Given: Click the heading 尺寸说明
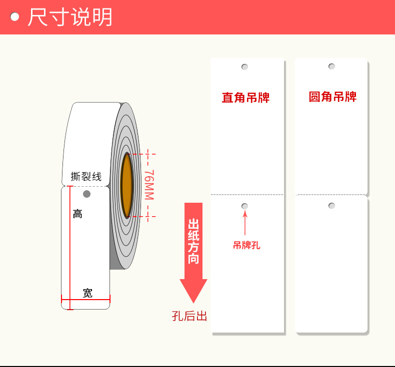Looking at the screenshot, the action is pyautogui.click(x=70, y=17).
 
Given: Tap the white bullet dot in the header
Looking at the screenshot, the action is pyautogui.click(x=15, y=17).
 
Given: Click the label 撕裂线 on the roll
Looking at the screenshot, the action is pyautogui.click(x=86, y=176).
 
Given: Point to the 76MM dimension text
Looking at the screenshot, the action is pyautogui.click(x=149, y=185).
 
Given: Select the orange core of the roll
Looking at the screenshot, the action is pyautogui.click(x=127, y=185).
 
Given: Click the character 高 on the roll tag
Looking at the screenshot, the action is pyautogui.click(x=77, y=214).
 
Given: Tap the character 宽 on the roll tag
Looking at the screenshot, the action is pyautogui.click(x=87, y=293).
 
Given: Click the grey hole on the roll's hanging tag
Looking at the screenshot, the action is pyautogui.click(x=86, y=193).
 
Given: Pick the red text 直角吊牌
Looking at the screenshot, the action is pyautogui.click(x=245, y=97).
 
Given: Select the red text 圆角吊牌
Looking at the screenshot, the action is pyautogui.click(x=332, y=96).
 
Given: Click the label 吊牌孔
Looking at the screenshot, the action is pyautogui.click(x=246, y=245).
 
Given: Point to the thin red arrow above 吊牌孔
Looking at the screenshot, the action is pyautogui.click(x=245, y=223).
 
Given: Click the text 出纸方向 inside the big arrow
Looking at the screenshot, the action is pyautogui.click(x=193, y=241).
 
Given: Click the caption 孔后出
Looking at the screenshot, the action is pyautogui.click(x=189, y=316).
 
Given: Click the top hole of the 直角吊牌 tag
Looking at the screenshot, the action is pyautogui.click(x=244, y=66).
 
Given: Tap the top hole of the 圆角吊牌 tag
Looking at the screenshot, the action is pyautogui.click(x=331, y=66).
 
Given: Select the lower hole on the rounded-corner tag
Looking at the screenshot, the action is pyautogui.click(x=331, y=206).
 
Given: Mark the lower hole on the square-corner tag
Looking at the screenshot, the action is pyautogui.click(x=244, y=206).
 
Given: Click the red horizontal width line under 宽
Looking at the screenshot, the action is pyautogui.click(x=85, y=300).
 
